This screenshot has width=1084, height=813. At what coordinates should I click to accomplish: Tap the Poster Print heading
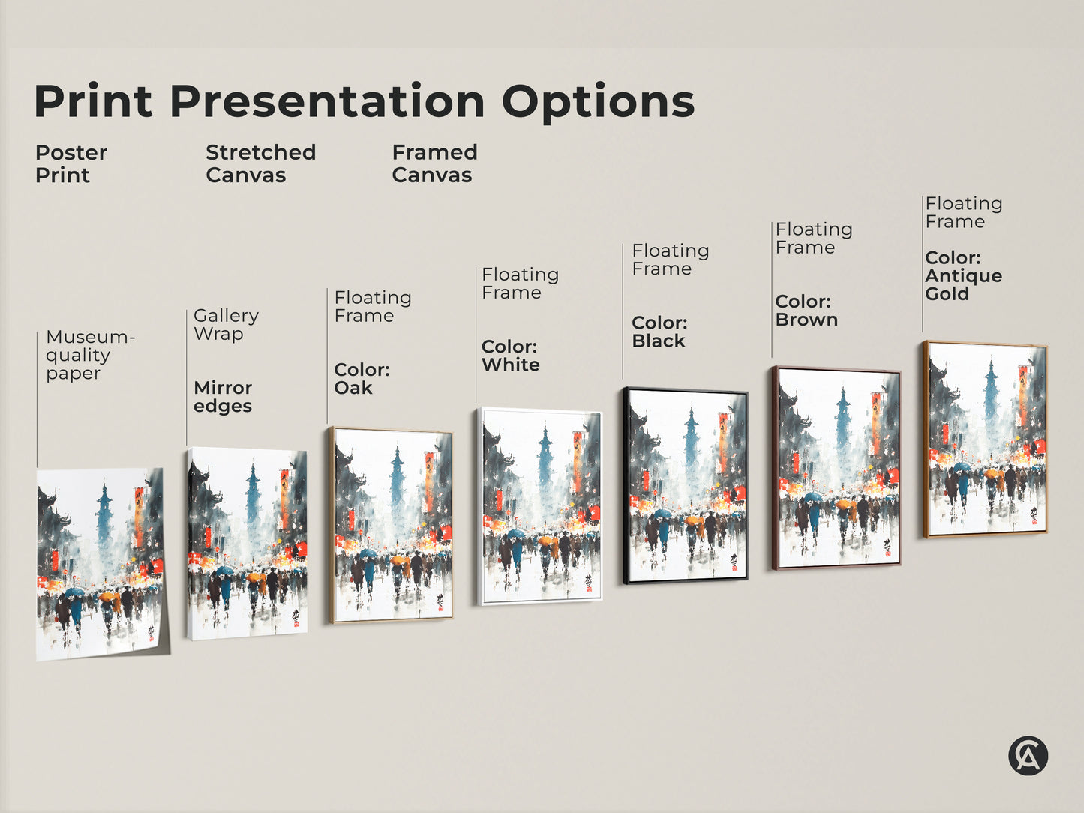point(71,163)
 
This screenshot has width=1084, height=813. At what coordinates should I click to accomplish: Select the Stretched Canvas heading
point(260,163)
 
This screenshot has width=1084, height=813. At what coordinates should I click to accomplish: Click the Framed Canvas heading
point(434,163)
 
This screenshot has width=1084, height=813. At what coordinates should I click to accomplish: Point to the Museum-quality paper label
point(89,355)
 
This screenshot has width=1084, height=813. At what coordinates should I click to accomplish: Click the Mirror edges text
point(223,397)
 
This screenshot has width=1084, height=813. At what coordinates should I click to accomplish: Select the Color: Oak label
point(362,379)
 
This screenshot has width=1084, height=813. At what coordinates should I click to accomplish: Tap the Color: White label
point(510,355)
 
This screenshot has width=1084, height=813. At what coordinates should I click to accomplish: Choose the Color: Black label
point(659,331)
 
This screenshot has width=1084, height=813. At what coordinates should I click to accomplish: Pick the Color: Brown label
point(806,310)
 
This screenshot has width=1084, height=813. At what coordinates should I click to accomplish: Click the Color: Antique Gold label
point(963,275)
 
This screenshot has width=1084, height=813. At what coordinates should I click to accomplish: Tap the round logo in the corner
point(1028,755)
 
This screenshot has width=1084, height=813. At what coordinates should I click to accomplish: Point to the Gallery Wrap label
point(226,324)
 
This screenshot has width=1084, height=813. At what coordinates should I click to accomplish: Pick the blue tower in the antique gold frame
point(991,390)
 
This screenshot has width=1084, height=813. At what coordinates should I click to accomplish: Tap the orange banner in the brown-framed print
point(876,423)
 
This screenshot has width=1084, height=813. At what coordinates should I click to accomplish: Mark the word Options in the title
point(598,101)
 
